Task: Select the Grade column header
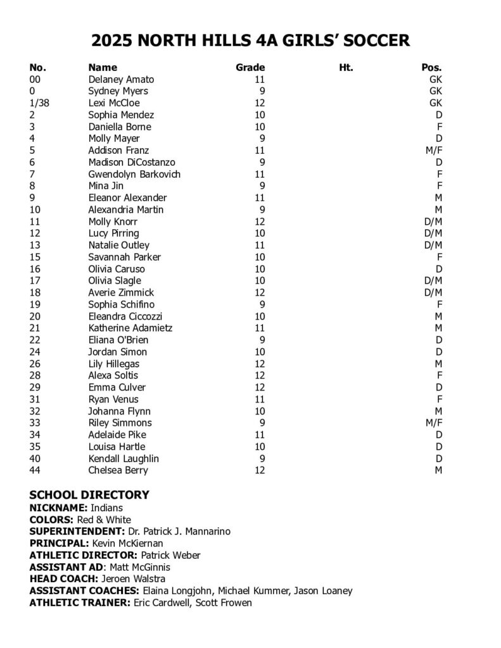coord(250,68)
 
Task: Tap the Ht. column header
coord(346,68)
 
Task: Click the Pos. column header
coord(431,68)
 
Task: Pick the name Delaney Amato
coord(121,80)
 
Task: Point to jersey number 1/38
coord(39,103)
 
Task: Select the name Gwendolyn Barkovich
coord(134,174)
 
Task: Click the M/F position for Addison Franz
coord(434,151)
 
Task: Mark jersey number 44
coord(35,470)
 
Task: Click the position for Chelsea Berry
coord(438,470)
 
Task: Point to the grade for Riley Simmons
coord(262,423)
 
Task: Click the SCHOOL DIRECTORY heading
coord(89,495)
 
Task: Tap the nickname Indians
coord(106,508)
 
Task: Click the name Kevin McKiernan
coord(127,544)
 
